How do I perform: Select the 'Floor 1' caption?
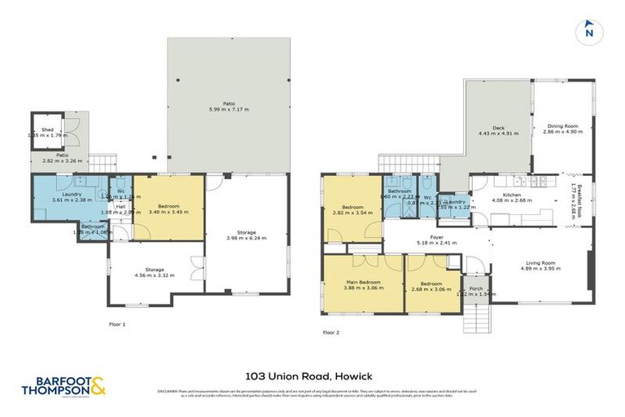tap(119, 323)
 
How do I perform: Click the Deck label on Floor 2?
tap(498, 128)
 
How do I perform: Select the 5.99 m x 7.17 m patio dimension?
tap(227, 108)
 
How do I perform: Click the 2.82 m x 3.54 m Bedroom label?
tap(352, 208)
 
